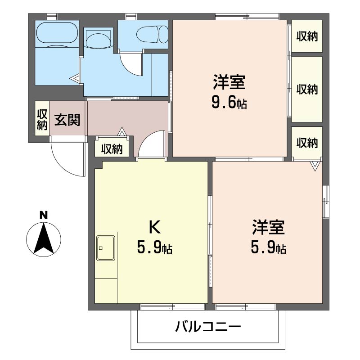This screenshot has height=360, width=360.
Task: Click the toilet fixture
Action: [x=153, y=35]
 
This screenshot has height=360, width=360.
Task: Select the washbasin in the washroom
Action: [x=98, y=40]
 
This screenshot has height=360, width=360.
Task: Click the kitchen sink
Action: [x=106, y=248]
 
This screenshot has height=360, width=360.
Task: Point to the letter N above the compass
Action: [x=44, y=216]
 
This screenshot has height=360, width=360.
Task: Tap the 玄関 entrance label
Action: [x=67, y=120]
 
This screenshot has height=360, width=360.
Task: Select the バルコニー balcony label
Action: [x=208, y=327]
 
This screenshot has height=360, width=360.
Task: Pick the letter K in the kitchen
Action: [x=154, y=227]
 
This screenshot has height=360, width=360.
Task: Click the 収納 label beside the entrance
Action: [x=42, y=120]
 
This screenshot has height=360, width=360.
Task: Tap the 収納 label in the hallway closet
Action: [x=112, y=149]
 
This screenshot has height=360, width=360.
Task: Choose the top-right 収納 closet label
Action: [x=307, y=36]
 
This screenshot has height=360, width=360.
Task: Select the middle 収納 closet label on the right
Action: [x=307, y=89]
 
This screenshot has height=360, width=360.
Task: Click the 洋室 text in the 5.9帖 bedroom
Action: [x=268, y=227]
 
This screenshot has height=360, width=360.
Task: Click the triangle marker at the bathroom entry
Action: [x=75, y=78]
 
